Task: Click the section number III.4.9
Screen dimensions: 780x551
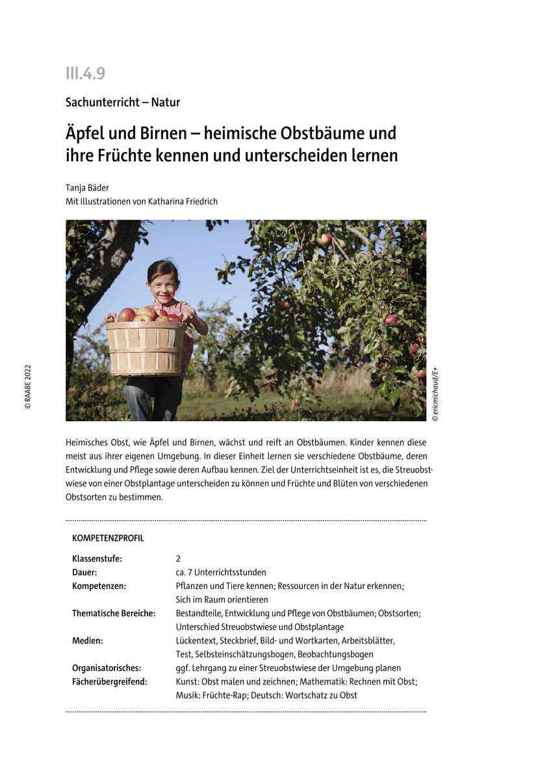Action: click(85, 73)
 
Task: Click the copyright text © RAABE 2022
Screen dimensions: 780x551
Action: click(28, 387)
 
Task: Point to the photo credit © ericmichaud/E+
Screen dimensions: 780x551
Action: click(435, 395)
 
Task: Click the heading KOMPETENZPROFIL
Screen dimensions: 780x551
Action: click(108, 538)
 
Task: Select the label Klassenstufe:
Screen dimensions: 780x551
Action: click(97, 558)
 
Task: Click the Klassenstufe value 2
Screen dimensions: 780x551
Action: click(178, 558)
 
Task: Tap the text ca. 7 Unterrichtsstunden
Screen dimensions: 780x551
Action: click(221, 572)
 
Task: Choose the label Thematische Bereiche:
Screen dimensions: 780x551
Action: click(114, 613)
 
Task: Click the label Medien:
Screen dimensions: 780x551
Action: click(88, 640)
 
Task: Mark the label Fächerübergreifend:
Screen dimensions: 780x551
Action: click(110, 681)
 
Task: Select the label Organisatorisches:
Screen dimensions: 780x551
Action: click(107, 668)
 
